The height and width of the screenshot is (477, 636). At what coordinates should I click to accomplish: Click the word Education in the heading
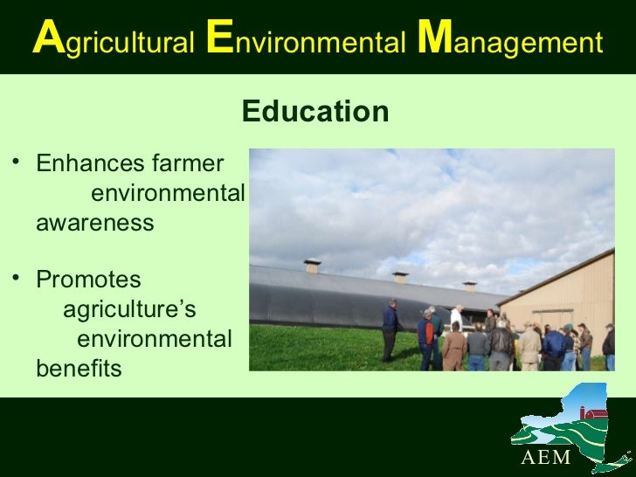point(315,112)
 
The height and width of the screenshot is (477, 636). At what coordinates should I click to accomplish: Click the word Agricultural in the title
point(113,41)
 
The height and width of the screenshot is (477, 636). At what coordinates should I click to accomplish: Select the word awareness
point(94,223)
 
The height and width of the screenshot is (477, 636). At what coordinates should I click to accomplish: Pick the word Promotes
point(87,280)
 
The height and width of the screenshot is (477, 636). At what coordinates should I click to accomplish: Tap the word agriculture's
point(129,310)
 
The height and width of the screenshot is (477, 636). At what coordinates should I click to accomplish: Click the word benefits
point(79,369)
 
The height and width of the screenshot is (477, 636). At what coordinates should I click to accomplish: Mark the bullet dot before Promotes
point(14,278)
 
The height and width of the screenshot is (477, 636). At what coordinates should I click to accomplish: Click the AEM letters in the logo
point(545,458)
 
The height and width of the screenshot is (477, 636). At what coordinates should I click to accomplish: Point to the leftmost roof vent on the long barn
point(312,266)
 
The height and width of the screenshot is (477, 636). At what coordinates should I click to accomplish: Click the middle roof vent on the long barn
point(400,277)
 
